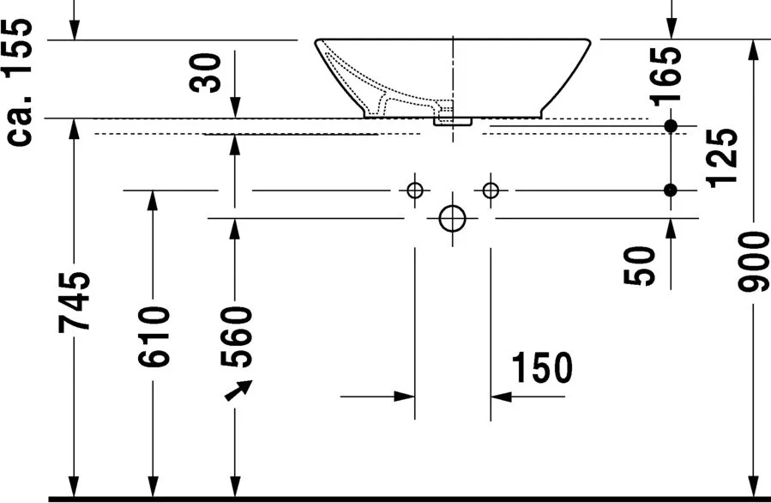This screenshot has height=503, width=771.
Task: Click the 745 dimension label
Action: [x=75, y=301]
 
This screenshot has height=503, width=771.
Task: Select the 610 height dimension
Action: [x=154, y=336]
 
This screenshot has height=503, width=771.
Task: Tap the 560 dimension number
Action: [x=236, y=336]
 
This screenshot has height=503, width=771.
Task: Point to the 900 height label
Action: [x=753, y=262]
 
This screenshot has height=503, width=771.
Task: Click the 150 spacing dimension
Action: [x=542, y=367]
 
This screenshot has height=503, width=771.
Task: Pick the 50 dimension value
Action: [x=639, y=266]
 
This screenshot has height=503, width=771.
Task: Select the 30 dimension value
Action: [x=205, y=73]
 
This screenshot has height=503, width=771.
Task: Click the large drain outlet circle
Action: [x=452, y=219]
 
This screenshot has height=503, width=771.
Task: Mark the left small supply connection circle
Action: [x=415, y=190]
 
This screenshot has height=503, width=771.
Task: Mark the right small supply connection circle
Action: [x=491, y=190]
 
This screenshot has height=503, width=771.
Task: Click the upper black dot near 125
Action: [x=671, y=126]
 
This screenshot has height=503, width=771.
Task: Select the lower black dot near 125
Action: [x=671, y=190]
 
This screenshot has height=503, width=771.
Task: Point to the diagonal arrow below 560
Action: [x=238, y=391]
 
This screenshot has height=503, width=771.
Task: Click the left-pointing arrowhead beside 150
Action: [x=501, y=397]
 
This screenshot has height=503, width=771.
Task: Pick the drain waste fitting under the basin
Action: [x=452, y=121]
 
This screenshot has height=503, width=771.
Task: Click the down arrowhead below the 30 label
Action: [x=236, y=108]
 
